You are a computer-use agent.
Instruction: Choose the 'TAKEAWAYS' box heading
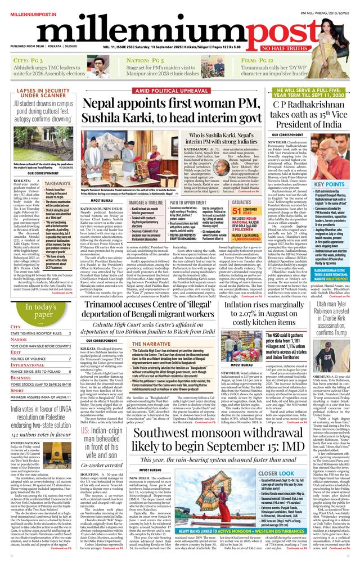click(x=57, y=183)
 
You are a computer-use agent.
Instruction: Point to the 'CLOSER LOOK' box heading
click(x=275, y=474)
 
